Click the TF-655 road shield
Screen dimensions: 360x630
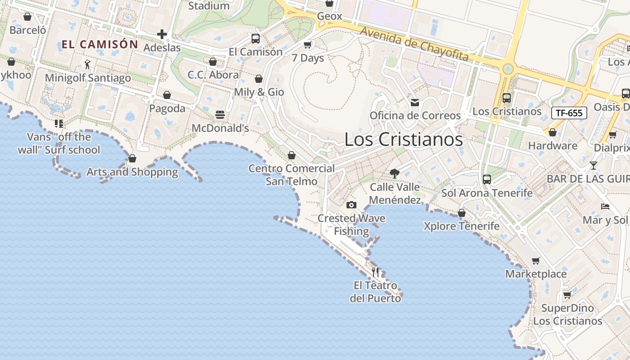pos(569,113)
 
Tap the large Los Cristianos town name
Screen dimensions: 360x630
pos(403,139)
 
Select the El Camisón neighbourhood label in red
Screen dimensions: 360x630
pos(99,44)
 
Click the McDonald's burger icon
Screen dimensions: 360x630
pos(220,115)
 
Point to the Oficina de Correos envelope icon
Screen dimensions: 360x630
pos(415,103)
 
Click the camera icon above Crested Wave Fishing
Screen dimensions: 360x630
pos(351,205)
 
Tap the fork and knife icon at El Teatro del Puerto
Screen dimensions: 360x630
pos(376,272)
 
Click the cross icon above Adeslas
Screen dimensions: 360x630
pos(162,34)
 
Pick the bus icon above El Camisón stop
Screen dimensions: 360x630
pos(256,39)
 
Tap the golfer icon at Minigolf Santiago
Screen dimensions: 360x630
pos(87,64)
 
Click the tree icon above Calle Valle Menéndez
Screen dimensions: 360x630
pos(395,174)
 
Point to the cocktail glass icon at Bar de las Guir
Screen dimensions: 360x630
pos(594,166)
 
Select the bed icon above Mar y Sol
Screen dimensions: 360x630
pos(605,207)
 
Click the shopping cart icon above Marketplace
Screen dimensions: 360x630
pos(535,261)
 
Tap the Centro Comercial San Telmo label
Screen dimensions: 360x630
pos(292,175)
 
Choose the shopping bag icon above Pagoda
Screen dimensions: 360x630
pos(167,95)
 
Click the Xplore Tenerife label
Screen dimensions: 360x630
pos(461,226)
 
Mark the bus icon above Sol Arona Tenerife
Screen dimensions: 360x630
pos(487,180)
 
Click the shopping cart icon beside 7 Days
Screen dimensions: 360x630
pos(308,45)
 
